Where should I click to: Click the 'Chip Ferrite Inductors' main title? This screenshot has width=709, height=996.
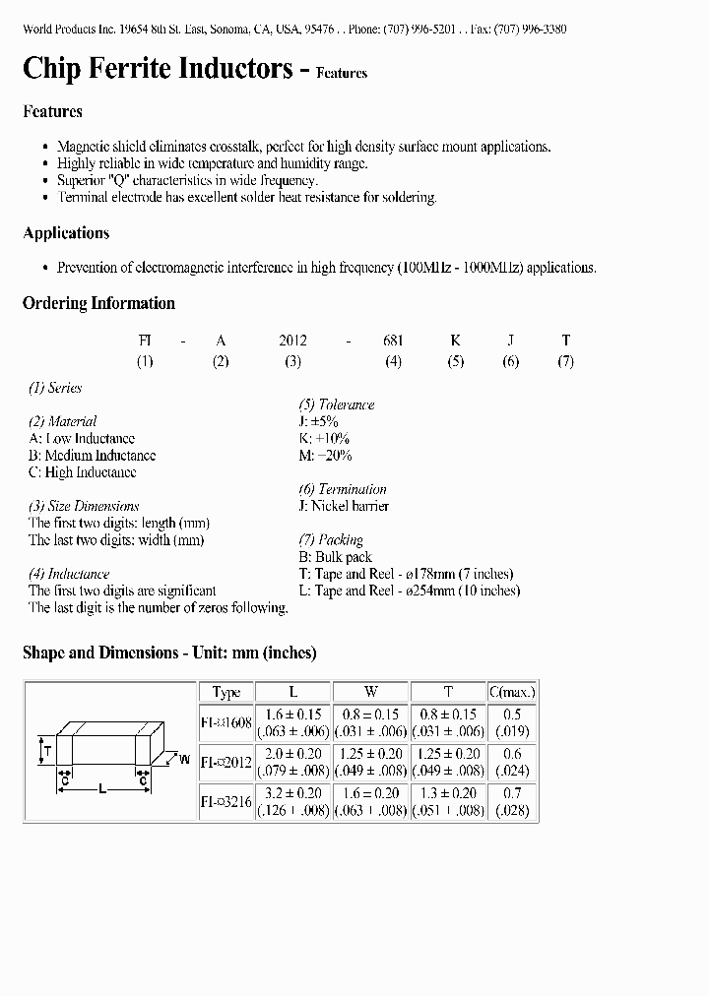coord(158,68)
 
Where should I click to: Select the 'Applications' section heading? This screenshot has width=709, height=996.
coord(66,233)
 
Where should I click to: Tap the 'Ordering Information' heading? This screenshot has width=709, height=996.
coord(98,303)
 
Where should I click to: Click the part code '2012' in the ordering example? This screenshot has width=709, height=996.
coord(292,341)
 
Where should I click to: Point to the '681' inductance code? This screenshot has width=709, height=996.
coord(393,341)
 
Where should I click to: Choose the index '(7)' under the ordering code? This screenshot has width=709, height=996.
coord(565,361)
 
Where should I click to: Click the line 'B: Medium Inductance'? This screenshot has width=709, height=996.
coord(92,456)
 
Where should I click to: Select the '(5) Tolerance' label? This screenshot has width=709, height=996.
coord(337,405)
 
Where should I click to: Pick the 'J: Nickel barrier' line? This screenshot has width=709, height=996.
coord(344,506)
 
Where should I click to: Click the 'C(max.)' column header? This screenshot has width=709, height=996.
coord(512,692)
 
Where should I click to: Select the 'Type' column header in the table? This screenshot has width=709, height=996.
coord(226,692)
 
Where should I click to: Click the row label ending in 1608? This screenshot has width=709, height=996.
coord(226,722)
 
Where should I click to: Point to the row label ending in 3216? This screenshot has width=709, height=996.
coord(226,802)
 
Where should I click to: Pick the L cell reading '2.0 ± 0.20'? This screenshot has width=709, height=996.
coord(293,754)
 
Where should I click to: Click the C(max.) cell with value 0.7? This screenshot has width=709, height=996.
coord(512,793)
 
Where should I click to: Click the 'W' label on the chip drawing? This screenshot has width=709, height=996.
coord(184,759)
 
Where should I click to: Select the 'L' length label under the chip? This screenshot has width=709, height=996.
coord(103,788)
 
